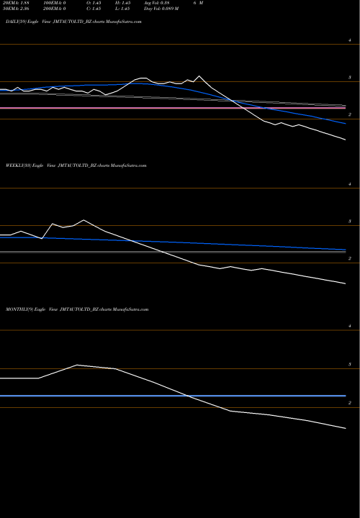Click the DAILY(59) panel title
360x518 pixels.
pyautogui.click(x=72, y=23)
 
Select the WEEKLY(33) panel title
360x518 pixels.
pyautogui.click(x=76, y=165)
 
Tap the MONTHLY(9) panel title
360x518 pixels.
pyautogui.click(x=76, y=309)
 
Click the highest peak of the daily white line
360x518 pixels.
pyautogui.click(x=199, y=76)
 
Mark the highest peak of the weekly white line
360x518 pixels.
pyautogui.click(x=84, y=220)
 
